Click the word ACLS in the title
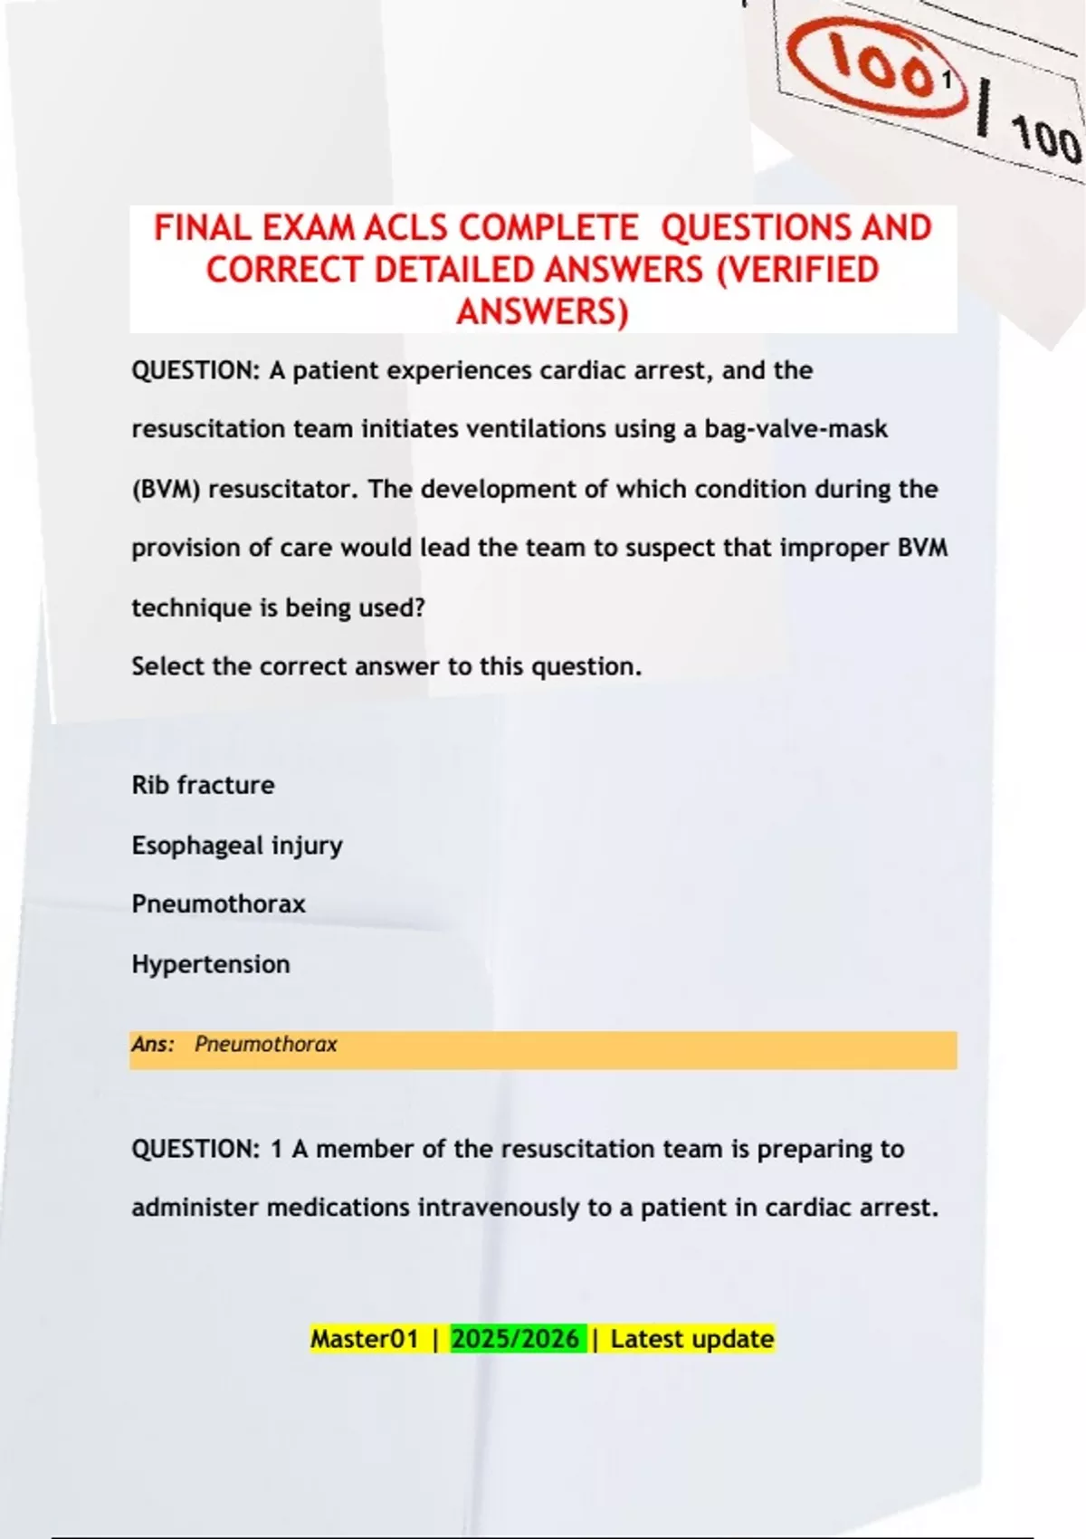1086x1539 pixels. pos(407,228)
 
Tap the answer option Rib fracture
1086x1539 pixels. pos(203,785)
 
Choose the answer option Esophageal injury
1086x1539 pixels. pos(237,846)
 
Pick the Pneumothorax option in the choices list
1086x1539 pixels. pos(218,904)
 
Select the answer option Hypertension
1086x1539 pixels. pos(211,964)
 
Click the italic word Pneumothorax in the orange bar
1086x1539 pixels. pos(265,1045)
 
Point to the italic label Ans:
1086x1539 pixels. pos(153,1045)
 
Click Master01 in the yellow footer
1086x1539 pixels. pos(364,1339)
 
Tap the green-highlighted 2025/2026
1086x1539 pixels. pos(515,1339)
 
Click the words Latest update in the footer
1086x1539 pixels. pos(691,1339)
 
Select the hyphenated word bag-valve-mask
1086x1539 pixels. pos(795,429)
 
